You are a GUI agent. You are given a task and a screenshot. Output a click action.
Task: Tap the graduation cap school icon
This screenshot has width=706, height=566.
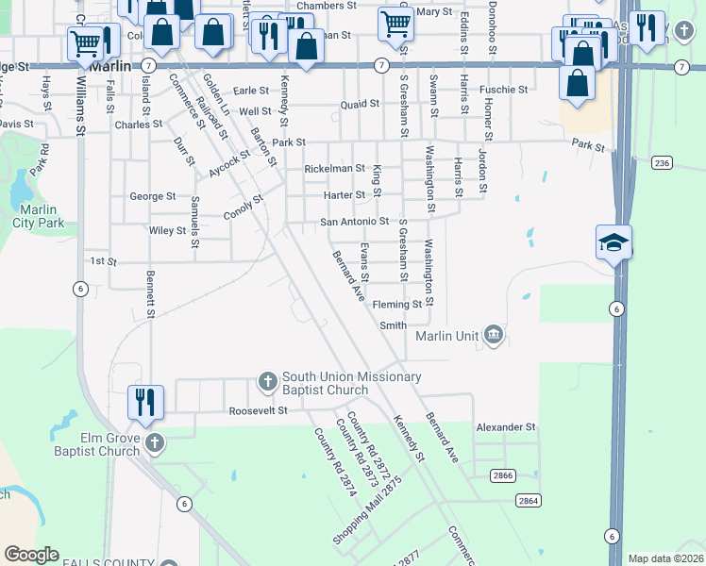(614, 241)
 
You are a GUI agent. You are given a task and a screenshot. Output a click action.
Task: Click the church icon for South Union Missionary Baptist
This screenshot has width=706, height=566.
(267, 382)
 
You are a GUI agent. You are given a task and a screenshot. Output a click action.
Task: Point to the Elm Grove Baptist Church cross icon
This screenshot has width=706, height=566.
(154, 441)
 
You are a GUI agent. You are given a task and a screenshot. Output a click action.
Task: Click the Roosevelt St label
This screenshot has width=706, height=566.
(257, 411)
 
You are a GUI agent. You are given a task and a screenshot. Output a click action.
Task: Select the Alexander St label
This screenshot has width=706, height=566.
(506, 427)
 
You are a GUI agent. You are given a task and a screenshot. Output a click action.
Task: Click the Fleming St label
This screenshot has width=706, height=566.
(397, 305)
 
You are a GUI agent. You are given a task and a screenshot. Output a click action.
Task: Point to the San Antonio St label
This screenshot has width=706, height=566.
(354, 222)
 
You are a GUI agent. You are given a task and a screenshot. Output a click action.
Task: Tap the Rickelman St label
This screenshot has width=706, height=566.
(334, 169)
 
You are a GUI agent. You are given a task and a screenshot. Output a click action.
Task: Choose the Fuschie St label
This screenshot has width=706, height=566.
(503, 90)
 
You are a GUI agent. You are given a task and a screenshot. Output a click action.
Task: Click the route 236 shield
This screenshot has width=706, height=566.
(662, 163)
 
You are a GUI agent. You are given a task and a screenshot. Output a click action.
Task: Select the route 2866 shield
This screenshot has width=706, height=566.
(503, 477)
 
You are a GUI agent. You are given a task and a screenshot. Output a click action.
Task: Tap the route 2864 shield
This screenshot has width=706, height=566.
(528, 500)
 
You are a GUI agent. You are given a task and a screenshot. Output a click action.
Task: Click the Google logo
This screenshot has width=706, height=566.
(31, 555)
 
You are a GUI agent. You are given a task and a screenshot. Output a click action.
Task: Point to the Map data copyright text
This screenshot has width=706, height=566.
(665, 558)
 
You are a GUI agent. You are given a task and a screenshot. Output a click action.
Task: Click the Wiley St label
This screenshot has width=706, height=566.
(167, 230)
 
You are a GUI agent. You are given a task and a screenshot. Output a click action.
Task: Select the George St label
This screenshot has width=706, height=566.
(152, 196)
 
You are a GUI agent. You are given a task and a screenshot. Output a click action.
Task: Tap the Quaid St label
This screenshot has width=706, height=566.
(360, 105)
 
